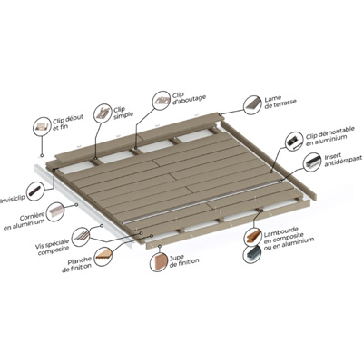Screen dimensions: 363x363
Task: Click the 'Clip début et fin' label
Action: (x=64, y=122)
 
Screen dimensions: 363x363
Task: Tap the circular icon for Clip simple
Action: (x=103, y=113)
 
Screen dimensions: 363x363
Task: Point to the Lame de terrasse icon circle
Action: (x=252, y=105)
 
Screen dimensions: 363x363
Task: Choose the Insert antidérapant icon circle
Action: (x=312, y=162)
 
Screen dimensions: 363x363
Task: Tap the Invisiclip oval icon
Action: (x=36, y=191)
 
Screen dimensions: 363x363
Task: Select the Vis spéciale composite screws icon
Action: (x=82, y=236)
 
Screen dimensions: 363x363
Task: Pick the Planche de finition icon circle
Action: (x=103, y=257)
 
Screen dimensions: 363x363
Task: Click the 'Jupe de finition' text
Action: (x=184, y=261)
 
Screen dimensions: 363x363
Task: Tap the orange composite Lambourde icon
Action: (x=253, y=236)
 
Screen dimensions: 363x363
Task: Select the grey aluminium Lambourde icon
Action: (x=253, y=254)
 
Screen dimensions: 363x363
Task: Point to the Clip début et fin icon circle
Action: (x=42, y=126)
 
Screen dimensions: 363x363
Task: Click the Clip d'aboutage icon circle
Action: (x=162, y=100)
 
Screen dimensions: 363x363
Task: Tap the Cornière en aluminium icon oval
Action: (x=55, y=211)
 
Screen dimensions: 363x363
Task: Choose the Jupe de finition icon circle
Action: (x=159, y=261)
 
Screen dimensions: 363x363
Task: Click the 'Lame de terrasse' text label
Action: (x=280, y=103)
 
